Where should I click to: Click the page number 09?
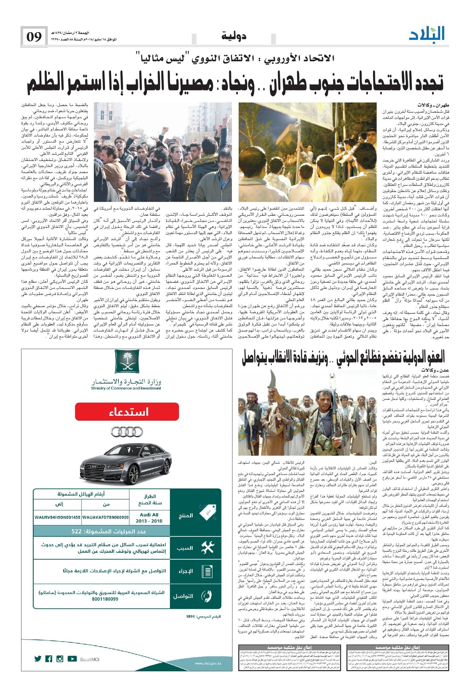[x=34, y=37]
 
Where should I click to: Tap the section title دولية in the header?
[x=233, y=37]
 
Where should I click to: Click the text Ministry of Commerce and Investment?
[x=126, y=388]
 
